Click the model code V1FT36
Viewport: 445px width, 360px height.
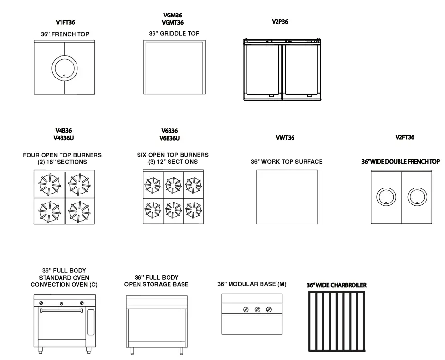tap(65, 22)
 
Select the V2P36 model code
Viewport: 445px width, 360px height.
tap(280, 22)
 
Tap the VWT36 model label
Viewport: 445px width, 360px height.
tap(285, 138)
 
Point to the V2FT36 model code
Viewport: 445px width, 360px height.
tap(405, 137)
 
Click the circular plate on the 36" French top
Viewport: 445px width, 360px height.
tap(64, 68)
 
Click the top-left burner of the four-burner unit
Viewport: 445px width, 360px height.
tap(49, 184)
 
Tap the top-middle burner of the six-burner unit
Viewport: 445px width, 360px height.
tap(173, 184)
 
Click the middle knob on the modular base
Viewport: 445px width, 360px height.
tap(257, 309)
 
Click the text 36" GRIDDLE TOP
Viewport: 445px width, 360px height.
tap(174, 34)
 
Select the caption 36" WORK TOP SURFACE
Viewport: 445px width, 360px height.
tap(286, 162)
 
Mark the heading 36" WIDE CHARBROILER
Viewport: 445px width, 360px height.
tap(337, 285)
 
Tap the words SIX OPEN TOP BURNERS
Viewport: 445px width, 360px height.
tap(173, 155)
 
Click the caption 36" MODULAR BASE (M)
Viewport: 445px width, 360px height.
tap(252, 284)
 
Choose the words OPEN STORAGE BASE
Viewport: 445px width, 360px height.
tap(156, 284)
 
